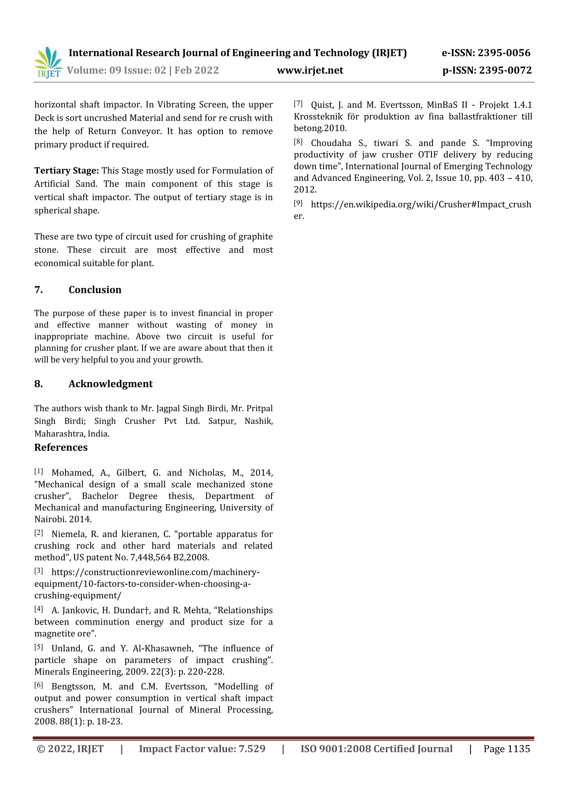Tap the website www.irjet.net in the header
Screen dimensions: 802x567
[310, 71]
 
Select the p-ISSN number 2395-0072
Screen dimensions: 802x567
[505, 71]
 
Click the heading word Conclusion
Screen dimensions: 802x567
[95, 290]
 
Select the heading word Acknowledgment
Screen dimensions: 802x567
[110, 384]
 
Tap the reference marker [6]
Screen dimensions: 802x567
[38, 685]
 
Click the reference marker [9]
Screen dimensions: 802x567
[298, 203]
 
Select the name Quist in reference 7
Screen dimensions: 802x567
[322, 105]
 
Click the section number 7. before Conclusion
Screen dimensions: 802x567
[38, 290]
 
